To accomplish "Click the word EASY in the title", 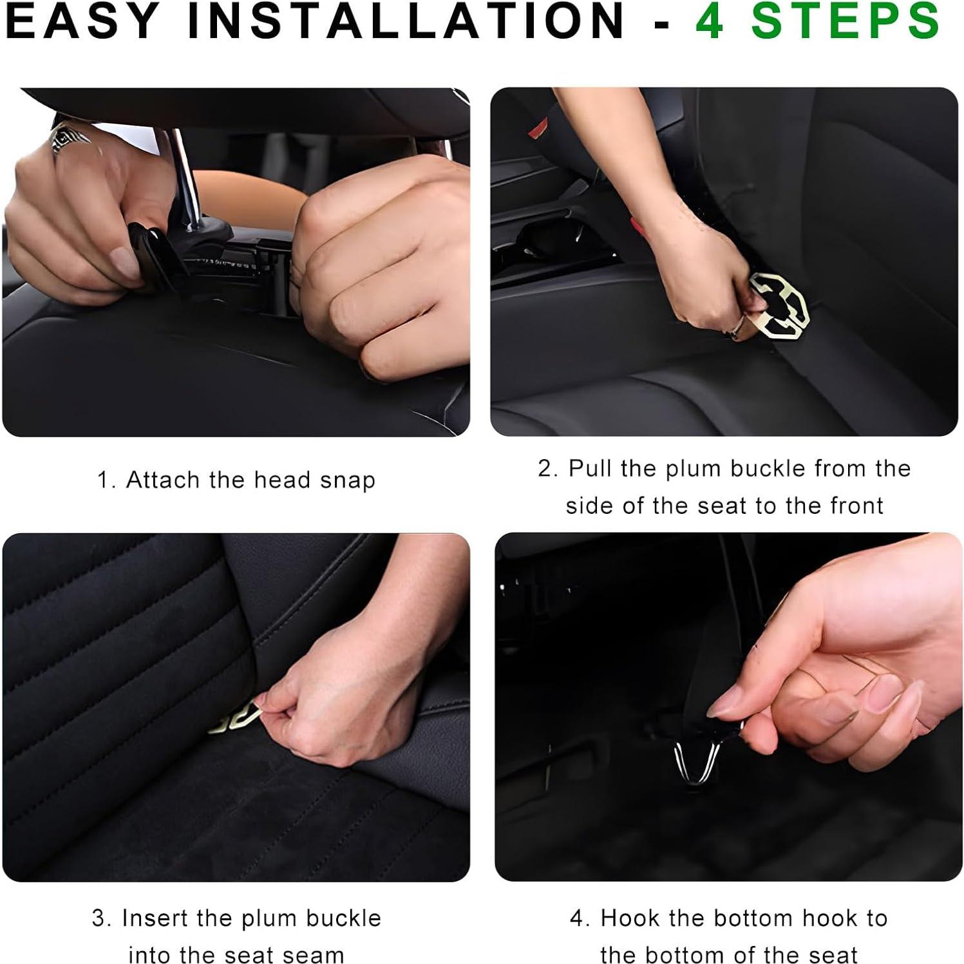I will [82, 21].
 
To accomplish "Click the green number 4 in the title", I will [710, 21].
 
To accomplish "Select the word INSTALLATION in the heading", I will [406, 21].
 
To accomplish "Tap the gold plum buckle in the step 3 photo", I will [234, 720].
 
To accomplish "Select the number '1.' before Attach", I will [106, 480].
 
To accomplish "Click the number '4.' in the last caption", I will [580, 918].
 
